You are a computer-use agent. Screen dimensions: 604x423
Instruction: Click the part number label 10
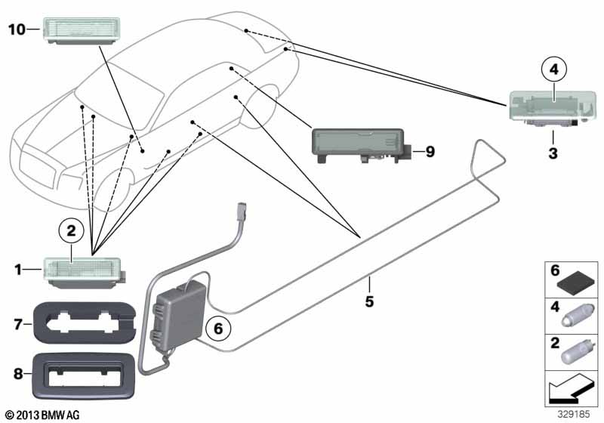[x=17, y=29]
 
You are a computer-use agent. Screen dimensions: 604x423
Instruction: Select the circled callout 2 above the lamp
[x=71, y=231]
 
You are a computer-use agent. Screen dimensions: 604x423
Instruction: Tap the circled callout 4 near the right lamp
[x=553, y=69]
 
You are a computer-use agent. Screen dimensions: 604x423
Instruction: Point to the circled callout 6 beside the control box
[x=218, y=329]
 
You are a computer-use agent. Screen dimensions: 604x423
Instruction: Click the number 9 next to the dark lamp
[x=430, y=151]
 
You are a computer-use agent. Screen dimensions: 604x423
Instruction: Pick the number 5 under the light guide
[x=369, y=301]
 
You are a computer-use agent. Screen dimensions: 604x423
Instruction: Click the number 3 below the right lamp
[x=553, y=153]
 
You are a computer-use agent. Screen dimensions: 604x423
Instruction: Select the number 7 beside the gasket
[x=18, y=324]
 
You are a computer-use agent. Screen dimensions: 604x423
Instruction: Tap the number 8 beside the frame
[x=18, y=373]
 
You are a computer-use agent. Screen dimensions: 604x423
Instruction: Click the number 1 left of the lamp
[x=17, y=270]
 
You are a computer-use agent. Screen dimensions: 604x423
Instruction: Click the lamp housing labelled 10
[x=81, y=31]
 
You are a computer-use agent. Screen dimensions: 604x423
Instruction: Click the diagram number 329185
[x=574, y=414]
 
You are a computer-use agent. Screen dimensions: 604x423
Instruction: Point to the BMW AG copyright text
[x=43, y=415]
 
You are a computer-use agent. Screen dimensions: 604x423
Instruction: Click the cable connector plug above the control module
[x=242, y=213]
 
